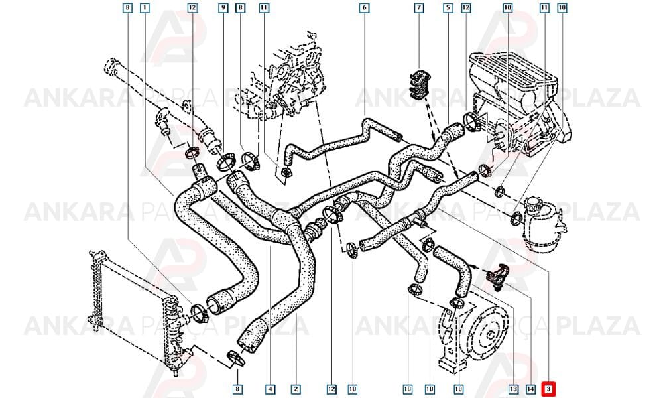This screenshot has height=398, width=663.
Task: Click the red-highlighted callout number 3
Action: point(548,389)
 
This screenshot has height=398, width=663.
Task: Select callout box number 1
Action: point(145,7)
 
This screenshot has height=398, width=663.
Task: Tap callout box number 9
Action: point(223,7)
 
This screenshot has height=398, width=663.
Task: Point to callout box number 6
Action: point(364,7)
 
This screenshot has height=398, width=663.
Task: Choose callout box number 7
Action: point(419,7)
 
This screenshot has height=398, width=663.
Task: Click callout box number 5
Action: point(448,7)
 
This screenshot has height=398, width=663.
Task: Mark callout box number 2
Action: point(296,389)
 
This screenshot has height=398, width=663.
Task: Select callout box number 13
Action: point(513,389)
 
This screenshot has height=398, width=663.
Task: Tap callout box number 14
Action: point(530,389)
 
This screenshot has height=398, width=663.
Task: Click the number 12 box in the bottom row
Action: point(331,389)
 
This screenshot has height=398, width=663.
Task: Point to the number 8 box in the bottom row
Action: point(237,389)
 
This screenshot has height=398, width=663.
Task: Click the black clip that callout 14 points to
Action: point(497,275)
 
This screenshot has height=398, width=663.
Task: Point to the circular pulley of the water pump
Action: point(490,335)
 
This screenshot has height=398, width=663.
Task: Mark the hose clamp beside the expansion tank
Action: point(516,218)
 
